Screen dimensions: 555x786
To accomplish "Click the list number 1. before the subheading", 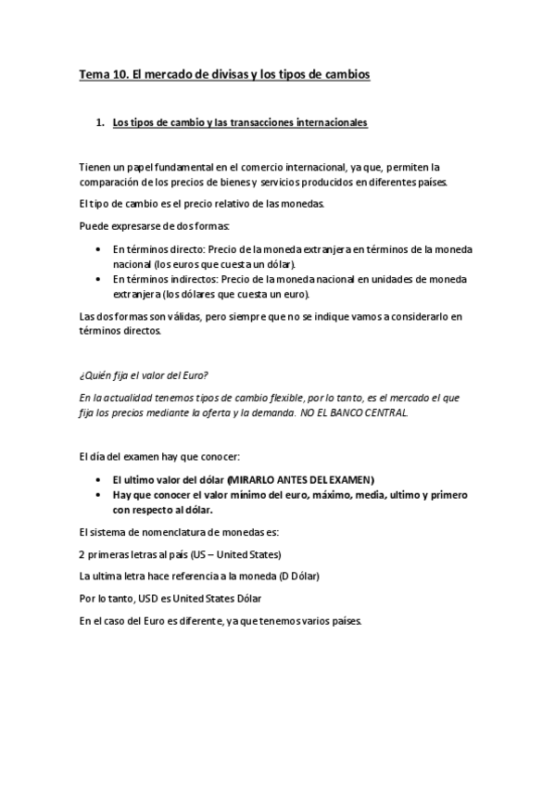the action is coord(101,122).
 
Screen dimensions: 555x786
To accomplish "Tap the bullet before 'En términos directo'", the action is coord(99,248).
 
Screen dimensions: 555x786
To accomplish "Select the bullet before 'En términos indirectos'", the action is coord(99,278).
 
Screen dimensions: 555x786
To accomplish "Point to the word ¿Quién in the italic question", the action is coord(95,374).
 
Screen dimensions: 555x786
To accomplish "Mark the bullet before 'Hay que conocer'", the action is coord(99,495).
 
